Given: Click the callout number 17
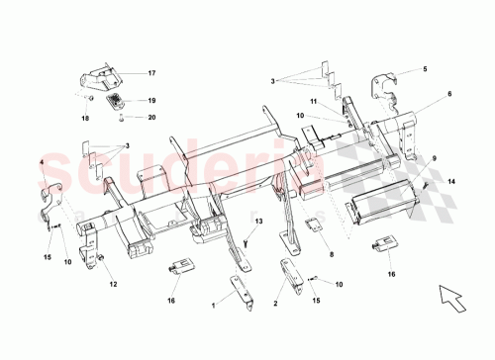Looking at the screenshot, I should pos(152,74).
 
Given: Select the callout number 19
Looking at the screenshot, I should pos(152,101).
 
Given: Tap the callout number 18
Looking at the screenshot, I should pos(84,118).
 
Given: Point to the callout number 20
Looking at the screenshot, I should pos(152,118).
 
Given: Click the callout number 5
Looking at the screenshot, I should pos(424,69).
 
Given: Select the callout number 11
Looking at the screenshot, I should pos(311,101).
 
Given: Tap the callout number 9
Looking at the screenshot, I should pos(433,158).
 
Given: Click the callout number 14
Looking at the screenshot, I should pos(451,182).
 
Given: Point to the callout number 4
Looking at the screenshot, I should pos(42,160).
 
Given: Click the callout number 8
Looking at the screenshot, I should pos(330,254).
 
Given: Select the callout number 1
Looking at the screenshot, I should pos(211,307).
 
